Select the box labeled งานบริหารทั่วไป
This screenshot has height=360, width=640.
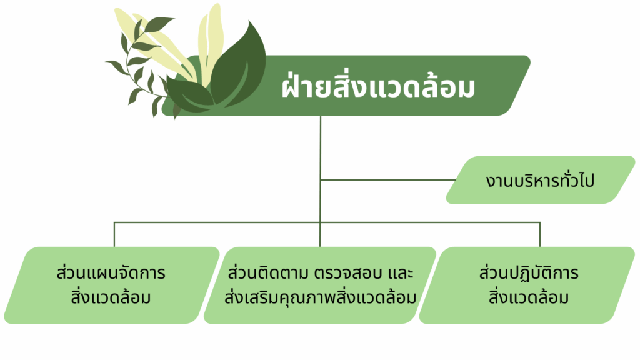(541, 180)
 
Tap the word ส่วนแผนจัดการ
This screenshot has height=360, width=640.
(111, 272)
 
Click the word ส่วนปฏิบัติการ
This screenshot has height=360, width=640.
(529, 272)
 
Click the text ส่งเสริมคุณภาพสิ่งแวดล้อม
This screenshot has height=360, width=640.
(320, 297)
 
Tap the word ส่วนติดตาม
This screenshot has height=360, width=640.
(267, 272)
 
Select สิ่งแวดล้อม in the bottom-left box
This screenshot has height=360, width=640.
(111, 297)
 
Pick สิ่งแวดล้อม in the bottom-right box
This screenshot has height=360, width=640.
(529, 297)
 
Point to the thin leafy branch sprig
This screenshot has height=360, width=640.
(141, 65)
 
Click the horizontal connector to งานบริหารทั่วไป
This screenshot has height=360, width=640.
(388, 179)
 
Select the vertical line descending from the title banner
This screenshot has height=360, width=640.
(321, 169)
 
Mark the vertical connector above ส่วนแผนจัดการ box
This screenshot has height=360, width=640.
(114, 235)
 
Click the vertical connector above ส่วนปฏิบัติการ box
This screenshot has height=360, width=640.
(540, 235)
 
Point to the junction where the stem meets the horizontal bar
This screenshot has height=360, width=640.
(321, 222)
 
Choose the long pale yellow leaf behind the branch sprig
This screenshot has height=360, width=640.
(155, 45)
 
